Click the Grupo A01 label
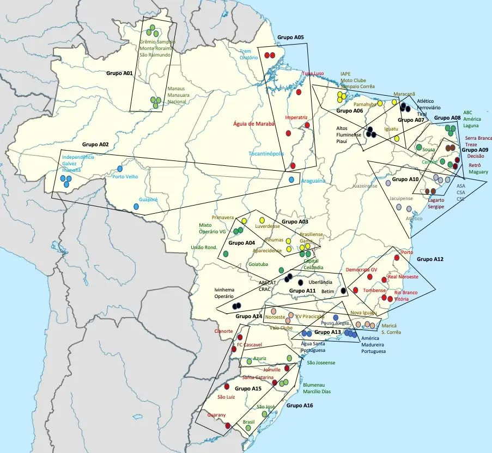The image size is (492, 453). [x=119, y=72]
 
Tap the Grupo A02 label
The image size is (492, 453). [x=95, y=145]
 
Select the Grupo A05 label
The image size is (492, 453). [x=290, y=38]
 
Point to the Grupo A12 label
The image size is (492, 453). [x=430, y=260]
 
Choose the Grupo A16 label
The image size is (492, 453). [x=300, y=405]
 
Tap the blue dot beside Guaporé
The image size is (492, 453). [x=137, y=207]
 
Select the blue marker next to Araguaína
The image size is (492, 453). [x=291, y=180]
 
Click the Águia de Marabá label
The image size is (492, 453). [x=254, y=123]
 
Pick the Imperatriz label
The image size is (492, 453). [x=296, y=117]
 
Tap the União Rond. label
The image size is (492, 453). [x=204, y=247]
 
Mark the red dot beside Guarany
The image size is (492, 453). [x=228, y=426]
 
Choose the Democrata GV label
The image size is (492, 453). [x=362, y=270]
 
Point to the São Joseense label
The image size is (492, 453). [x=321, y=362]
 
